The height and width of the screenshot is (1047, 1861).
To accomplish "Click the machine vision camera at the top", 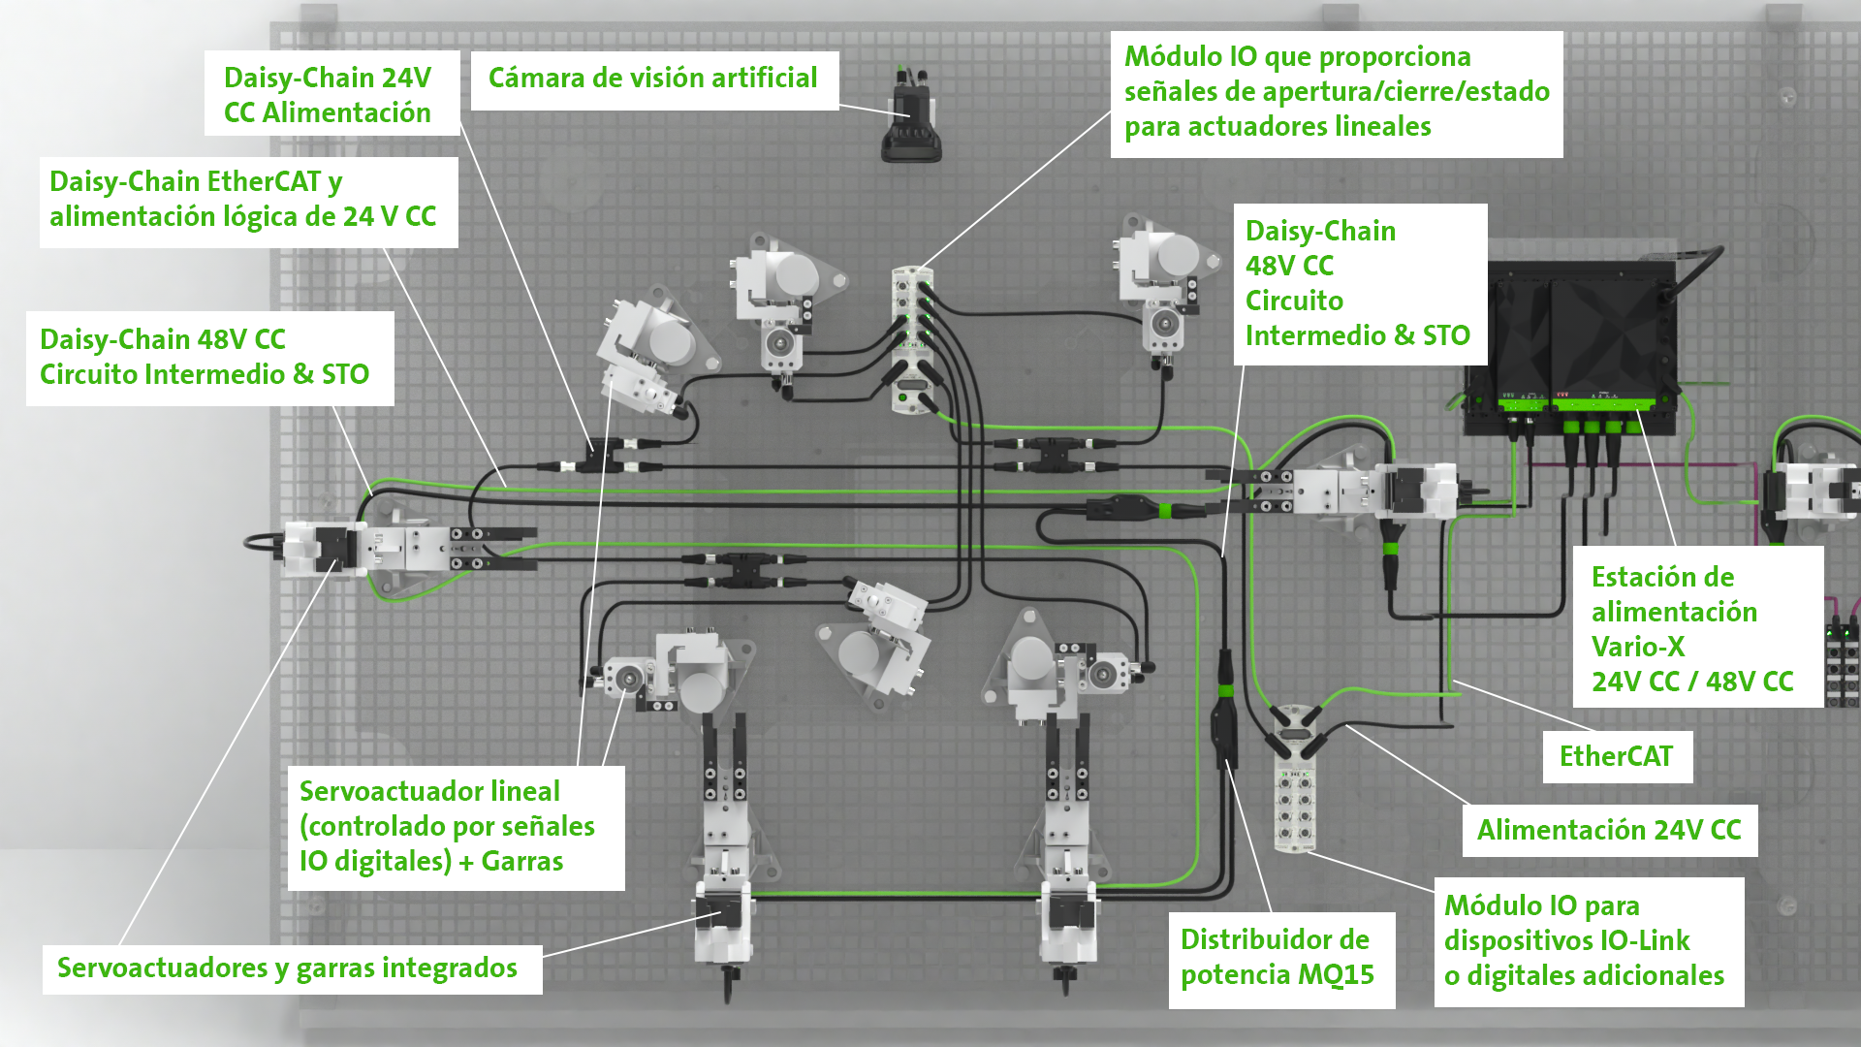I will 911,121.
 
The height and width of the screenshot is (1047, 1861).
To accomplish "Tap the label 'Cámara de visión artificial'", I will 652,79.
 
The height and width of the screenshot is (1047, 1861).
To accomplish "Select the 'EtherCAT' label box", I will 1616,756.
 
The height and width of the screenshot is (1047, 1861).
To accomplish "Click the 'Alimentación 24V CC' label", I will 1609,831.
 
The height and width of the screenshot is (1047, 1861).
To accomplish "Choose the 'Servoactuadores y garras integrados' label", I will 288,968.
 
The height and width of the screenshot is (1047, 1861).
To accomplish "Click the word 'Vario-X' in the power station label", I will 1638,647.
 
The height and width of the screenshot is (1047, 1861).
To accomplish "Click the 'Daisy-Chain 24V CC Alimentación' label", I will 329,94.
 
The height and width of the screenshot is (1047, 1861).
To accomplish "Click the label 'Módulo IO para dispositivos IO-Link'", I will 1586,941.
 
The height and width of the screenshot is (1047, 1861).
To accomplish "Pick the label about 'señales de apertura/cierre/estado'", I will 1336,92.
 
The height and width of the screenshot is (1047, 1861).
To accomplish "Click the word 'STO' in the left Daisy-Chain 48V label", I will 345,375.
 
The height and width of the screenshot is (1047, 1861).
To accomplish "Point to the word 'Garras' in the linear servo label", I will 522,862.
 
